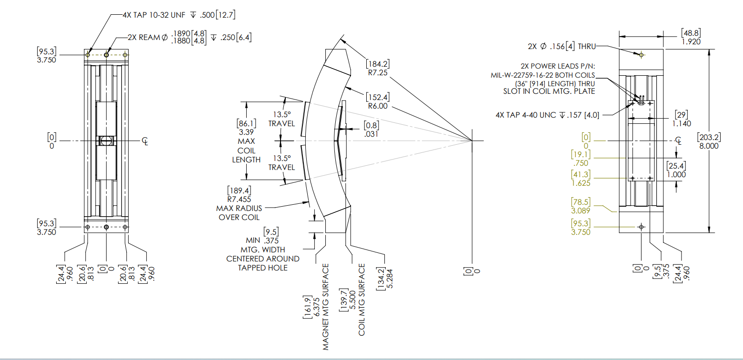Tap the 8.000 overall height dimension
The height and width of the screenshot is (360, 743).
708,146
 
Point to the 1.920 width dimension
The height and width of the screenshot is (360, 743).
691,41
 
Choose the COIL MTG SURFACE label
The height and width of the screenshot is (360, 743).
361,300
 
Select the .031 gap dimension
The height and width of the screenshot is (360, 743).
371,135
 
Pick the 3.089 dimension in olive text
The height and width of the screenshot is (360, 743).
581,210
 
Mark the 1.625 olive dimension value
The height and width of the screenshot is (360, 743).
581,182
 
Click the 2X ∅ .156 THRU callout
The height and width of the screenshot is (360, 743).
561,46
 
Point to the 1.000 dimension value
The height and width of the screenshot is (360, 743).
676,174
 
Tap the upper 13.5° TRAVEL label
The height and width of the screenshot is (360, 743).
282,119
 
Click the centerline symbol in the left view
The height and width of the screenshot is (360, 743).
145,141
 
